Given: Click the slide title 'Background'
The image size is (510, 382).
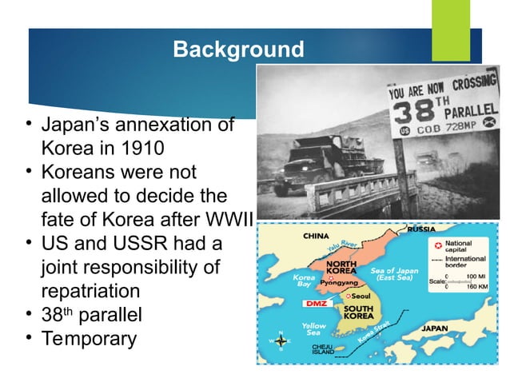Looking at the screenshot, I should [238, 50].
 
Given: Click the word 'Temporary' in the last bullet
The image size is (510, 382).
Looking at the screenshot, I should [88, 337].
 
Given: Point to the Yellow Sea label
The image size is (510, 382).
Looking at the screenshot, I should [313, 329].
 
